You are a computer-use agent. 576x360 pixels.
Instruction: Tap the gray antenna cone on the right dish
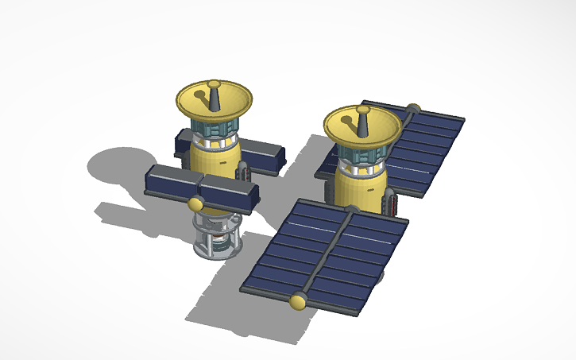362,122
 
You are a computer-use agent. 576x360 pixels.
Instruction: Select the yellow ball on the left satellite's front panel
195,205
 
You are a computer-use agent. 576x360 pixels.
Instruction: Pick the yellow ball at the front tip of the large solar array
300,301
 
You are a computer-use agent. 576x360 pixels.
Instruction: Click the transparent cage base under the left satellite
217,237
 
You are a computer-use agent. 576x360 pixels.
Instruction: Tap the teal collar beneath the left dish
214,127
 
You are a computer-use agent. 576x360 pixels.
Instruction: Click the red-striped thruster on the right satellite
389,200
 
